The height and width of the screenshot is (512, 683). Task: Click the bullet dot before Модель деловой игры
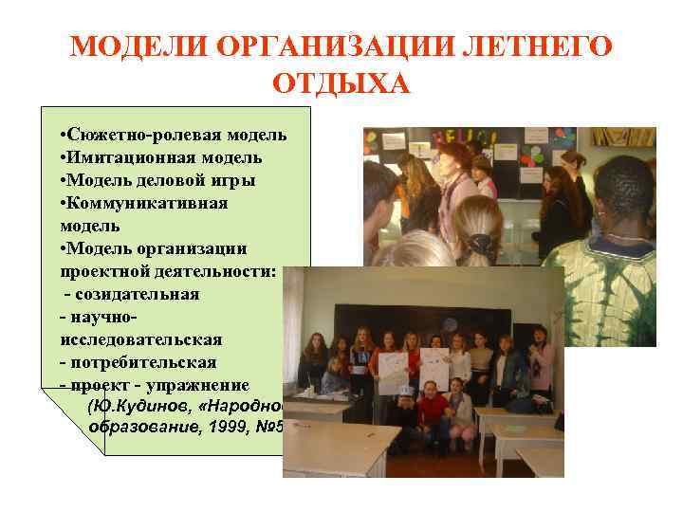[x=61, y=180]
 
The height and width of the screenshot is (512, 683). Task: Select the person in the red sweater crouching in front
[x=432, y=411]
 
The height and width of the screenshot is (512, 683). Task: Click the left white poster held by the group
[x=391, y=371]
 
